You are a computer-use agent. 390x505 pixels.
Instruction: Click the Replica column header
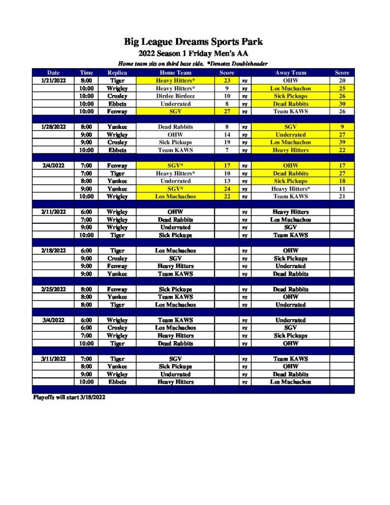(x=117, y=72)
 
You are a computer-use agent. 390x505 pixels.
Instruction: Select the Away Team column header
(x=290, y=72)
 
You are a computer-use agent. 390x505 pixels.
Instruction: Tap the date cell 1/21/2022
(x=53, y=80)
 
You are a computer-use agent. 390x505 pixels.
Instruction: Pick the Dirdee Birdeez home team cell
(x=176, y=96)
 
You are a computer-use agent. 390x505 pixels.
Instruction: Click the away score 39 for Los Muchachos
(x=342, y=143)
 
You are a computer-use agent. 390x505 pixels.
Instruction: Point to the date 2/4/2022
(x=53, y=166)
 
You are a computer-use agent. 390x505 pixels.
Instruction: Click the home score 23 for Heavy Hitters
(x=227, y=80)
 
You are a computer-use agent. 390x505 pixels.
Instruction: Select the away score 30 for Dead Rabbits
(x=342, y=104)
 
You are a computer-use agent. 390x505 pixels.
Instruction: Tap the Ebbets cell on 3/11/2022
(x=117, y=382)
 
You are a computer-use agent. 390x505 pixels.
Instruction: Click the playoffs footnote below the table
(x=69, y=397)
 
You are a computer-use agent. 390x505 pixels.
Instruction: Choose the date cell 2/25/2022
(x=53, y=289)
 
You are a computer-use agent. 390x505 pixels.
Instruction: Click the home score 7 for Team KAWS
(x=227, y=150)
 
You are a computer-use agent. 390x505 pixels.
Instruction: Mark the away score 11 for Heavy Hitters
(x=342, y=189)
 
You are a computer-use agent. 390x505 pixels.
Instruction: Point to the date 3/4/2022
(x=53, y=320)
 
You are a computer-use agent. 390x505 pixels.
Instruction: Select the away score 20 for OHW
(x=342, y=80)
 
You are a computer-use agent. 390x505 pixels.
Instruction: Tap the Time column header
(x=86, y=72)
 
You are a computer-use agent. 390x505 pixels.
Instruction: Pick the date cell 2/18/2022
(x=53, y=251)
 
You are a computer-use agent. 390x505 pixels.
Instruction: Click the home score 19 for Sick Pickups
(x=227, y=143)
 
